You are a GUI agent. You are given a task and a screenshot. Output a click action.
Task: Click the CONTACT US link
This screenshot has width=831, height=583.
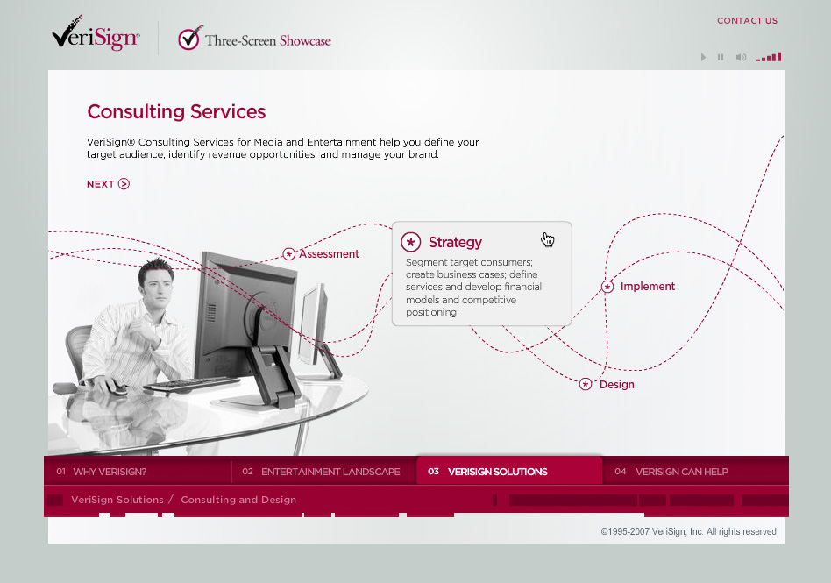tap(747, 21)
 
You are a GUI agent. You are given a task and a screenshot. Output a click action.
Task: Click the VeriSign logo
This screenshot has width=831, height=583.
tap(96, 34)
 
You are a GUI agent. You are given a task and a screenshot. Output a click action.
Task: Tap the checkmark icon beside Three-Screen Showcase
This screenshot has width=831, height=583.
tap(189, 39)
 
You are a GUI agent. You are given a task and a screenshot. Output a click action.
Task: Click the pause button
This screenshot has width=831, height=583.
tap(721, 57)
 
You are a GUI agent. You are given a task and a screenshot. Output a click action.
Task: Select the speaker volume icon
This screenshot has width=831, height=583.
tap(741, 57)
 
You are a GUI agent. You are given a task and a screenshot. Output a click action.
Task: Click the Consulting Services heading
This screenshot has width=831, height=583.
tap(176, 112)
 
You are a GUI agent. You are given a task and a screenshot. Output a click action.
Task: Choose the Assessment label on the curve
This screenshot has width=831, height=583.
tap(329, 254)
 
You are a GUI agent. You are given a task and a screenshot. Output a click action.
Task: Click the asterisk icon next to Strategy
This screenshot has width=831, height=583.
tap(411, 242)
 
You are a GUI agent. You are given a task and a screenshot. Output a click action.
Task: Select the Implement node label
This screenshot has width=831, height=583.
tap(648, 286)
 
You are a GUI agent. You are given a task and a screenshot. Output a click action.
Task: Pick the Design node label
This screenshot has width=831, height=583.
tap(617, 384)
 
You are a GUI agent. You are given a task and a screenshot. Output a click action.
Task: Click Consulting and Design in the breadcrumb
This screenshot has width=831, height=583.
tap(238, 500)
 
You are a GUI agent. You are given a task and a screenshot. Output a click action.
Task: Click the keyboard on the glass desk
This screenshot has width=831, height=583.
tap(192, 383)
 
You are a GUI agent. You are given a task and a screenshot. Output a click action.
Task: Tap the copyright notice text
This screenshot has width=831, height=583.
tap(690, 531)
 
